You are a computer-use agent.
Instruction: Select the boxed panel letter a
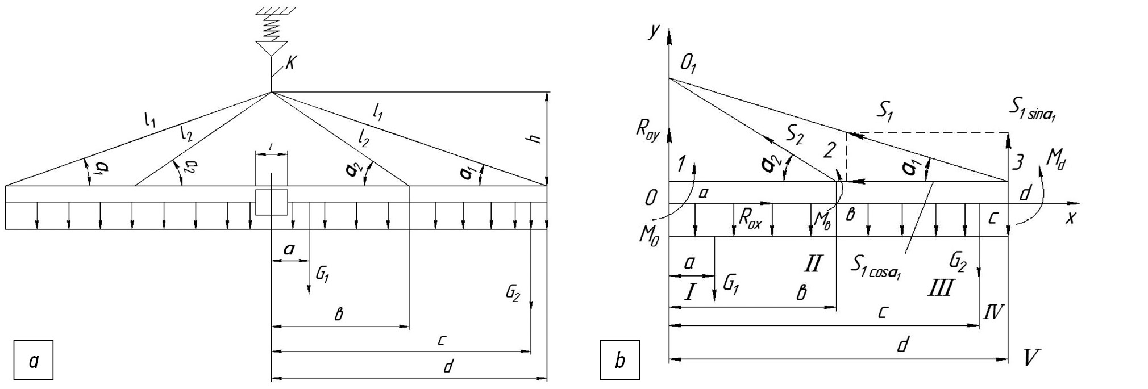point(34,360)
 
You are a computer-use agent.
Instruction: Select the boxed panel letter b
point(620,360)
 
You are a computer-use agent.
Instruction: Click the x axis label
point(1070,217)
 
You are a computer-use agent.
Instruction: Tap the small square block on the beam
point(271,203)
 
